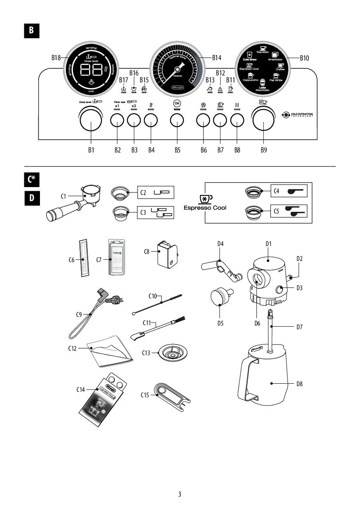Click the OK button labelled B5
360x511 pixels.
click(177, 120)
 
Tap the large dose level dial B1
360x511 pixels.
click(91, 120)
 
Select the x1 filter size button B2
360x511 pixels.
click(117, 120)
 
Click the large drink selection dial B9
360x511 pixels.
click(264, 120)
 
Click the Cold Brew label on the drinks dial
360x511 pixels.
click(250, 59)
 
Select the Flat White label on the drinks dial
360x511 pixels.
click(276, 80)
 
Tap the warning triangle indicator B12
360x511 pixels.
click(220, 89)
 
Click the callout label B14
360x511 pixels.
click(217, 58)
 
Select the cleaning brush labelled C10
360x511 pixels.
click(159, 304)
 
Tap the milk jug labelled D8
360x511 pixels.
click(264, 375)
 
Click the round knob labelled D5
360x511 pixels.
click(220, 297)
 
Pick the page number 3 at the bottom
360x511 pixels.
click(180, 494)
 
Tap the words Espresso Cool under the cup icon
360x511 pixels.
click(205, 208)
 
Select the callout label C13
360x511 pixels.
click(147, 353)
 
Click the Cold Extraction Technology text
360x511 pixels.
click(302, 114)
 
